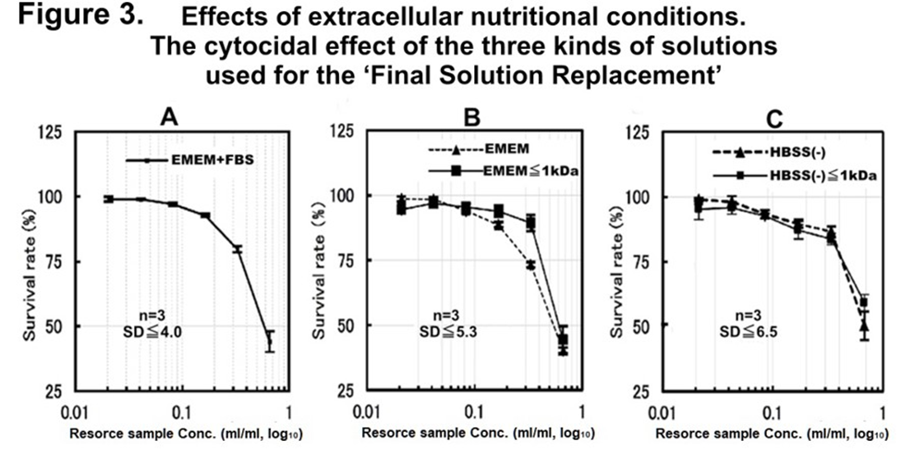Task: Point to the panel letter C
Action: point(775,118)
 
